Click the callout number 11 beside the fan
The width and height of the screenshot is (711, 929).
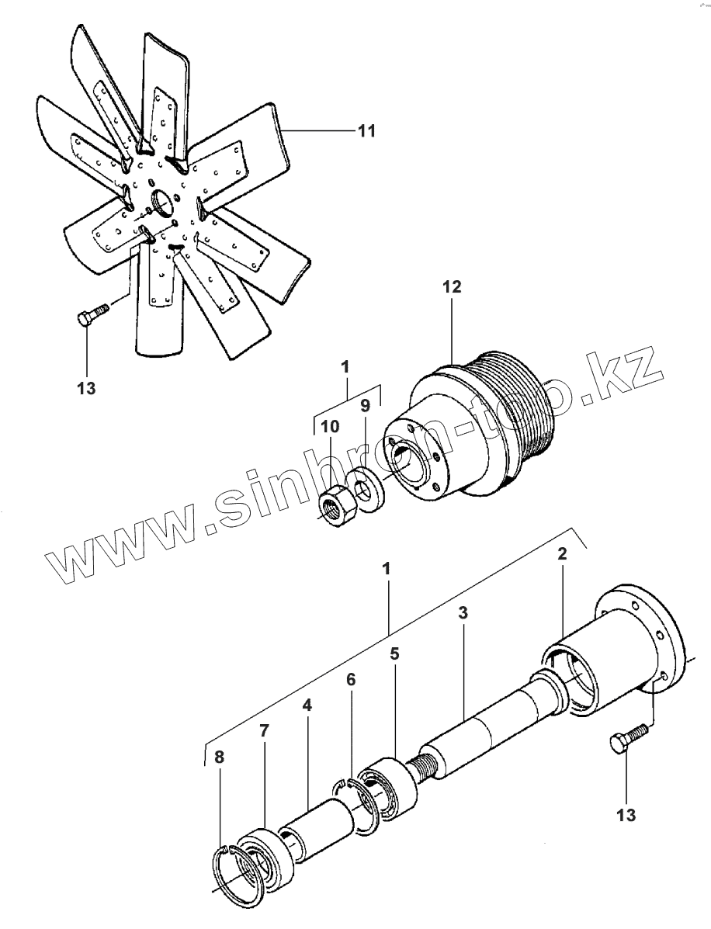[366, 131]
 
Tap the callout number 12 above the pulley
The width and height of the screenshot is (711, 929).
[453, 287]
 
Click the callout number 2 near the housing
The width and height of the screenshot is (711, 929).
[562, 554]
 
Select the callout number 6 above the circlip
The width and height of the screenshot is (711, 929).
[352, 679]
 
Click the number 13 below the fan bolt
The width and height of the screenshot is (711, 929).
[87, 388]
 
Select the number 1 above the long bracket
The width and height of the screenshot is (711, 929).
[386, 568]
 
